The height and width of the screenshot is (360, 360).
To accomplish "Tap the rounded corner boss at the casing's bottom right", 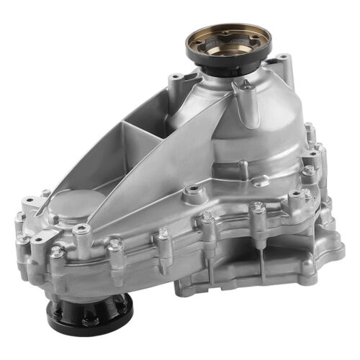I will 328,252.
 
